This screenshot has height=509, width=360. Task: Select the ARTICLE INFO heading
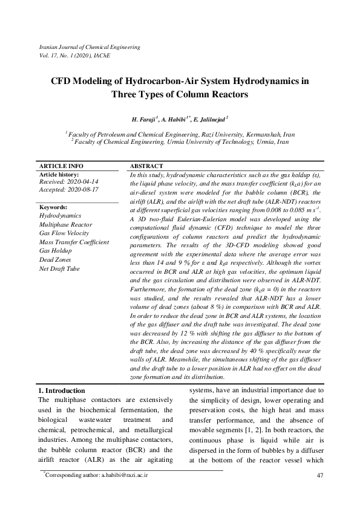[61, 166]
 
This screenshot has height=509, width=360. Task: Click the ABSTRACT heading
[146, 166]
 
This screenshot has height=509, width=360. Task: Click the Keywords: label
[54, 207]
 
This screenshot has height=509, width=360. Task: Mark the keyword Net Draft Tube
[59, 268]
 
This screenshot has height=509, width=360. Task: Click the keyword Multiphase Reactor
[67, 224]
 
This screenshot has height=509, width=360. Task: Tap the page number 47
[320, 476]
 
